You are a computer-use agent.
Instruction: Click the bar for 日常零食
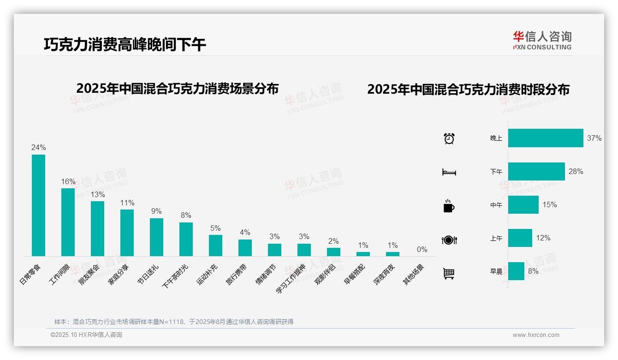tap(38, 205)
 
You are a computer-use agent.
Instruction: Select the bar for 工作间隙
tap(68, 222)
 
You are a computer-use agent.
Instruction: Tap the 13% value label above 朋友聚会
tap(97, 194)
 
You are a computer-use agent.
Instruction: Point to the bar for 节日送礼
tap(156, 237)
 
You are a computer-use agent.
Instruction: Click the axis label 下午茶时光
tap(175, 276)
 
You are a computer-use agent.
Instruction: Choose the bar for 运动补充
tap(215, 245)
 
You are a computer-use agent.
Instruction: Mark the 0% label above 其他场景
tap(422, 249)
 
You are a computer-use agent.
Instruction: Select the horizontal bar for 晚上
tap(546, 138)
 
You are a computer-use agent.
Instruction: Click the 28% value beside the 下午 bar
tap(576, 171)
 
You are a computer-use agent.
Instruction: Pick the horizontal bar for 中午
tap(523, 204)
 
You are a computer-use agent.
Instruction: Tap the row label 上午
tap(496, 238)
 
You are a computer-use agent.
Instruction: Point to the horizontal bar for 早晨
tap(516, 271)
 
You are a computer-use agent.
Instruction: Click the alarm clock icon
tap(449, 138)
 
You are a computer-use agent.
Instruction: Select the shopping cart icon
tap(449, 273)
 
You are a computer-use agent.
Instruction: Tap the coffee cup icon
tap(449, 206)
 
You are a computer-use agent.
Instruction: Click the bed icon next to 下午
tap(449, 172)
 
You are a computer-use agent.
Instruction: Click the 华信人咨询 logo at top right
tap(542, 40)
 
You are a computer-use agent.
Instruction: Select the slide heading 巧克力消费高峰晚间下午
tap(125, 44)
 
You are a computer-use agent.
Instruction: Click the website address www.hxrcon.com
tap(536, 335)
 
